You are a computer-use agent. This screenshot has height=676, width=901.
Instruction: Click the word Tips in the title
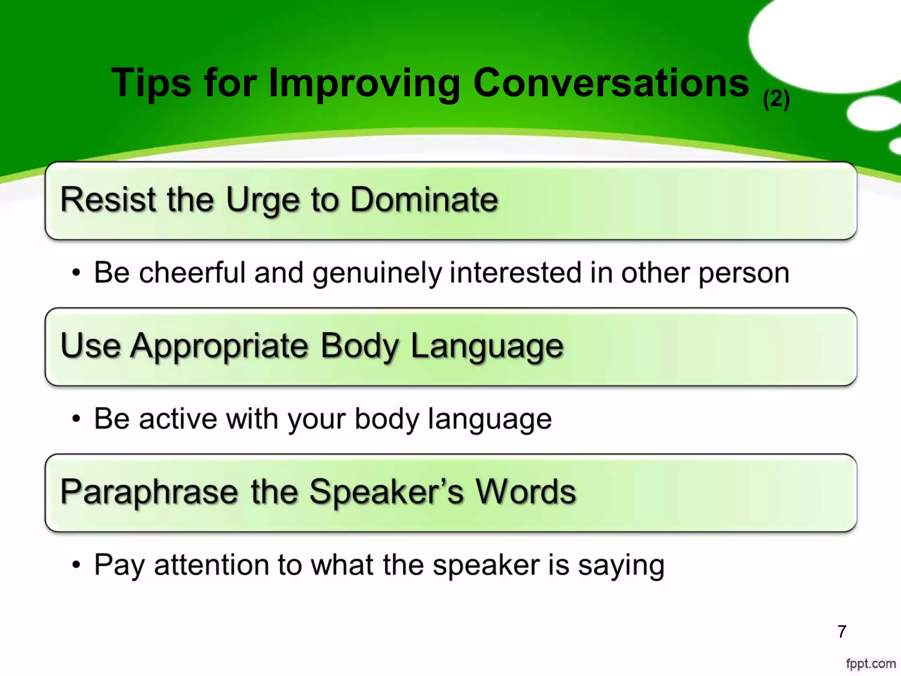coord(151,83)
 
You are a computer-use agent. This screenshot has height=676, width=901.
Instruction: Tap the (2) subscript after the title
coord(776,99)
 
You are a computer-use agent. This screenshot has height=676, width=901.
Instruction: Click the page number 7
coord(842,632)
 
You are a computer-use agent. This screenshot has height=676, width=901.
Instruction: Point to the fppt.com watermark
coord(871,664)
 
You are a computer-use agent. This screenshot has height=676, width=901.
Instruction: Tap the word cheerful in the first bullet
coord(192,272)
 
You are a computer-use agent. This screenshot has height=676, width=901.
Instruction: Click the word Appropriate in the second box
coord(220,347)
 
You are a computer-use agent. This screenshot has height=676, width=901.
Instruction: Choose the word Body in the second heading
coord(360,347)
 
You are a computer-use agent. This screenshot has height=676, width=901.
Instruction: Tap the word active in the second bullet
coord(178,419)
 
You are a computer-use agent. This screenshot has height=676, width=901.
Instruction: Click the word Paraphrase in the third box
coord(149,492)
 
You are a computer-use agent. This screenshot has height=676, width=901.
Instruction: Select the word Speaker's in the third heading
coord(386,492)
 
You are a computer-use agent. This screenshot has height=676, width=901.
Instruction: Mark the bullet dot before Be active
coord(77,419)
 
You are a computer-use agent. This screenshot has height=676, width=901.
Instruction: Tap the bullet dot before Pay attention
coord(77,565)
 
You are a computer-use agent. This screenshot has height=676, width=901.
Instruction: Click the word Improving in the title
coord(364,83)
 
